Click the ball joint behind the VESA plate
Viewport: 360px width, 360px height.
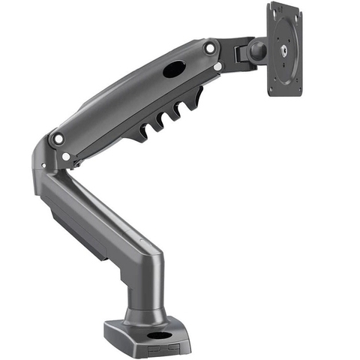257,51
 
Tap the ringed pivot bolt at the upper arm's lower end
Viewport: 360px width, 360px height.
58,139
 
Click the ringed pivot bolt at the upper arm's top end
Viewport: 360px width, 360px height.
211,48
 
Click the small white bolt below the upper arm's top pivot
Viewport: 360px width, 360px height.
217,67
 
